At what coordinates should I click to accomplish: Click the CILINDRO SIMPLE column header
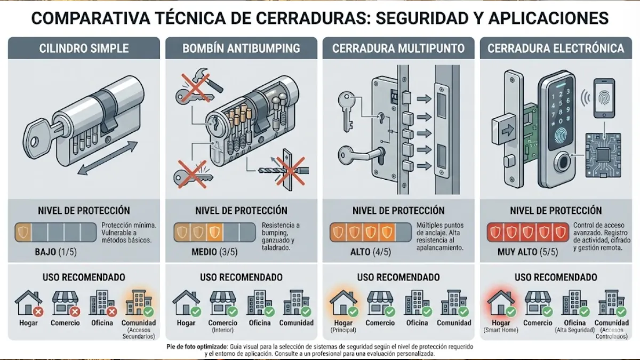tap(84, 49)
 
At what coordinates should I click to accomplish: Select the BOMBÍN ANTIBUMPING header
tap(241, 49)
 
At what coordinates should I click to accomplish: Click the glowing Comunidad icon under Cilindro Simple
tap(139, 302)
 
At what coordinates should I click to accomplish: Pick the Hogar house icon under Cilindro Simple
tap(28, 302)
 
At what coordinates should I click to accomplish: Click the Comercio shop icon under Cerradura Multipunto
tap(379, 302)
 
